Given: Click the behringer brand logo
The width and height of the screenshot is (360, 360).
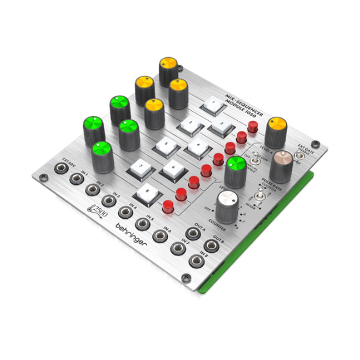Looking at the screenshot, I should click(132, 234).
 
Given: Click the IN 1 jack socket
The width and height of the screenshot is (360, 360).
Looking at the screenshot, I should click(76, 179).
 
